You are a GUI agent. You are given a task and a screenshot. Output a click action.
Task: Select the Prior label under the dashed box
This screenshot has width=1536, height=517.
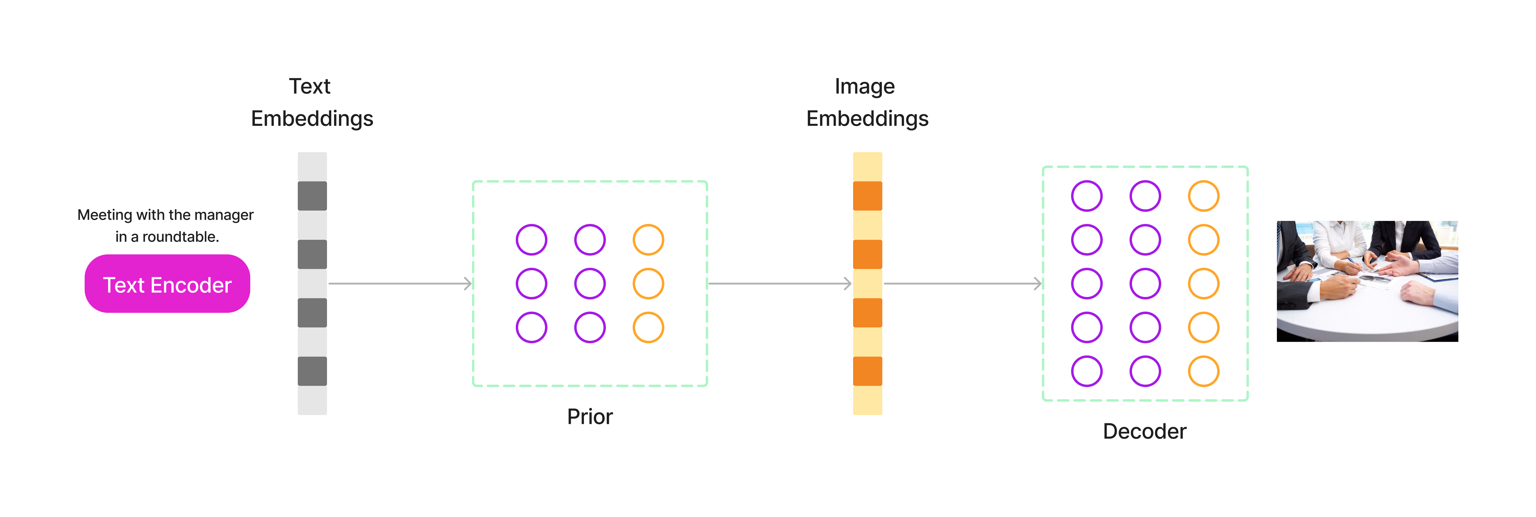pyautogui.click(x=589, y=416)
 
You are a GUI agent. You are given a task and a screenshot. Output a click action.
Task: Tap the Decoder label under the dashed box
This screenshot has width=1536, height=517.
pyautogui.click(x=1144, y=431)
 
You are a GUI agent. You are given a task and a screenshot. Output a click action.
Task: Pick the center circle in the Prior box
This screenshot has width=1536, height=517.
pyautogui.click(x=590, y=284)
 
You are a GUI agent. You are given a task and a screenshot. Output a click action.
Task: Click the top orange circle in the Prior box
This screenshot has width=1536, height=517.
pyautogui.click(x=648, y=239)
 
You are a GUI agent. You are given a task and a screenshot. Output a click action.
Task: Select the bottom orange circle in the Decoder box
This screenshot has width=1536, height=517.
pyautogui.click(x=1203, y=371)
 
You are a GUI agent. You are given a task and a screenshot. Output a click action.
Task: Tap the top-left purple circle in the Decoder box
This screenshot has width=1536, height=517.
pyautogui.click(x=1086, y=196)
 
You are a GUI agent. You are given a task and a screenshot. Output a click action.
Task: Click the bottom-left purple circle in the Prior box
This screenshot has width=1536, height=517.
pyautogui.click(x=531, y=327)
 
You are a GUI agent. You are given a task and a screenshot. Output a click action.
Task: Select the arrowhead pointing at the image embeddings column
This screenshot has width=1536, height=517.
pyautogui.click(x=848, y=284)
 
